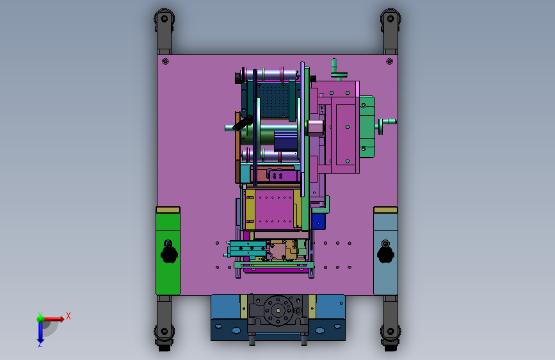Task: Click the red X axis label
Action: tap(68, 316)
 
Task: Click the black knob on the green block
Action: tap(169, 254)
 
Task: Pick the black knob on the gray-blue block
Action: tap(385, 254)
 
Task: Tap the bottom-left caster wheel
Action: tap(165, 335)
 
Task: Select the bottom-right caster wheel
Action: tap(390, 335)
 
